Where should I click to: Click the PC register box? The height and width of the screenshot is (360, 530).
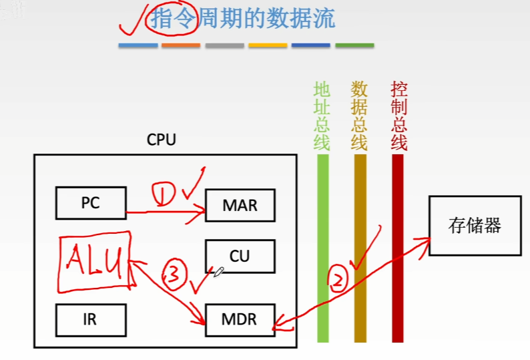coord(90,202)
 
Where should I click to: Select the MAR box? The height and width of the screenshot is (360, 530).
coord(240,205)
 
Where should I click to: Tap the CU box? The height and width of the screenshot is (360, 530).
coord(240,256)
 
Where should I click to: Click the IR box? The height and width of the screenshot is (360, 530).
coord(90,319)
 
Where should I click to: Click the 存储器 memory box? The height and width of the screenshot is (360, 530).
coord(475,226)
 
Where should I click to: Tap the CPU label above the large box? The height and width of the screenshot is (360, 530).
coord(162,140)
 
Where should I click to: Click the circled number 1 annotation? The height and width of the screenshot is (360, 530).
coord(164,194)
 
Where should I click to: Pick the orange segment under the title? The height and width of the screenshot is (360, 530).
coord(181,45)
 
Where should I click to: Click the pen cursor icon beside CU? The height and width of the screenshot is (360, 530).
coord(218,272)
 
